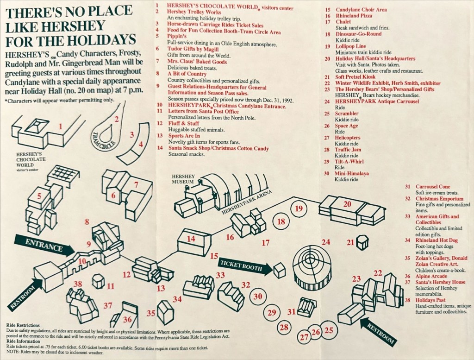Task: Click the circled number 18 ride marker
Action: pos(281,221)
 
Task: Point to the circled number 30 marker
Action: pos(258,296)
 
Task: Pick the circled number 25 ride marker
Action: pos(329,330)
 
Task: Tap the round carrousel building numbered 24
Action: pos(312,265)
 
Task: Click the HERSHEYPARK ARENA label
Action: pos(246,202)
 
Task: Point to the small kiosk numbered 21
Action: pos(362,242)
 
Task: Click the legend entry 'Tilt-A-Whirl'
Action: pos(349,162)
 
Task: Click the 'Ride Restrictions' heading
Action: pos(24,325)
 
